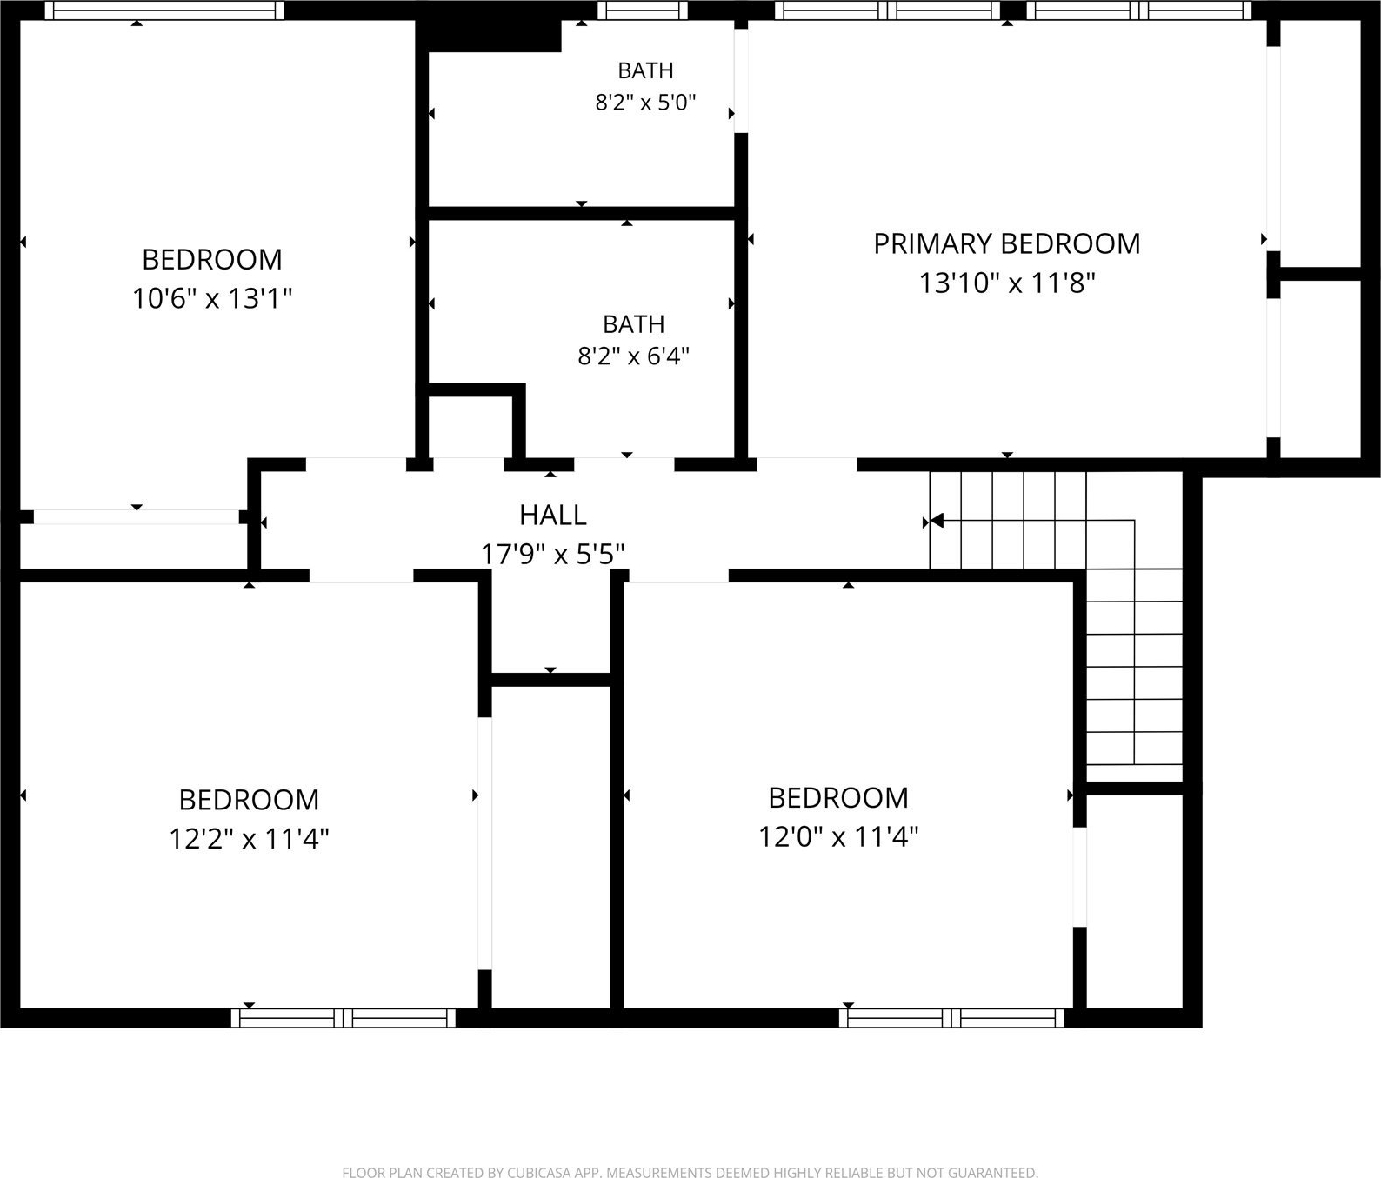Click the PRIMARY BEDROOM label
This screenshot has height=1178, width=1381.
point(1006,243)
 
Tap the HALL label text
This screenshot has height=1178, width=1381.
point(552,515)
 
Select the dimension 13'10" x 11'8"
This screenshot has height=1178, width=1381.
point(1007,283)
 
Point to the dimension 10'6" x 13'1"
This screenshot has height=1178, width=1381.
point(212,298)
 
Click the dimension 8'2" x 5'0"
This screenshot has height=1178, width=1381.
point(645,103)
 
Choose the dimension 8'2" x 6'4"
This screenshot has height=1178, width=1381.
point(633,356)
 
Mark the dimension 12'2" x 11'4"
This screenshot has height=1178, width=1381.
point(249,839)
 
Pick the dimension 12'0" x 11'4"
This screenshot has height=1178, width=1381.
point(838,836)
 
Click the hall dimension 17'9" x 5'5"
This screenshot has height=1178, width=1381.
point(553,554)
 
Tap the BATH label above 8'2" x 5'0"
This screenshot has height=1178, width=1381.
point(645,70)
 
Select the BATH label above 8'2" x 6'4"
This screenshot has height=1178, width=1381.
point(633,324)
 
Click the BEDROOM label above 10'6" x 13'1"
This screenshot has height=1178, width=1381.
point(212,259)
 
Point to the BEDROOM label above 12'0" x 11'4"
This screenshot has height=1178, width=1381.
point(838,797)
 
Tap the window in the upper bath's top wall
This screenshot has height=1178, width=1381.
point(643,10)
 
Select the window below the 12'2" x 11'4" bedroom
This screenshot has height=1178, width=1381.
point(344,1018)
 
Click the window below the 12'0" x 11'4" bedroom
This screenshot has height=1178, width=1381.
point(951,1018)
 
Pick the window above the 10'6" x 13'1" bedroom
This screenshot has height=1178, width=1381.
point(164,10)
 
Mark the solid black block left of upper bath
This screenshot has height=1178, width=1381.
point(491,36)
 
